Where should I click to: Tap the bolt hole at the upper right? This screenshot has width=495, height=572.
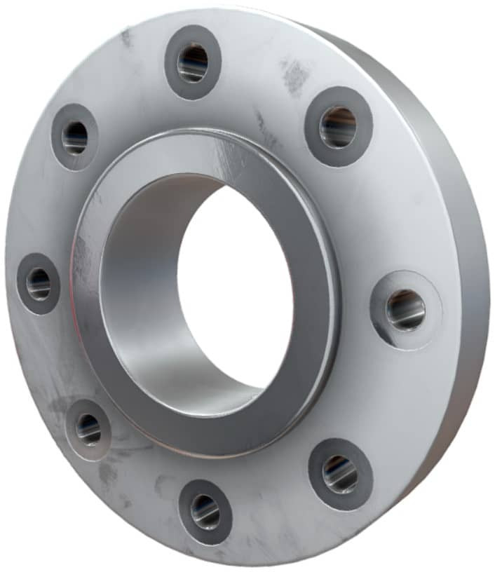click(x=339, y=128)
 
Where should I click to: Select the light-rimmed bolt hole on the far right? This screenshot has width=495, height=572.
click(x=406, y=310)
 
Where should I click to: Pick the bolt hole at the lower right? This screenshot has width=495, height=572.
click(x=341, y=474)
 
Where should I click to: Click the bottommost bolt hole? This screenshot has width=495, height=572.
click(x=205, y=511)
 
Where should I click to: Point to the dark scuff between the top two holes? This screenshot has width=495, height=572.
click(x=294, y=74)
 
